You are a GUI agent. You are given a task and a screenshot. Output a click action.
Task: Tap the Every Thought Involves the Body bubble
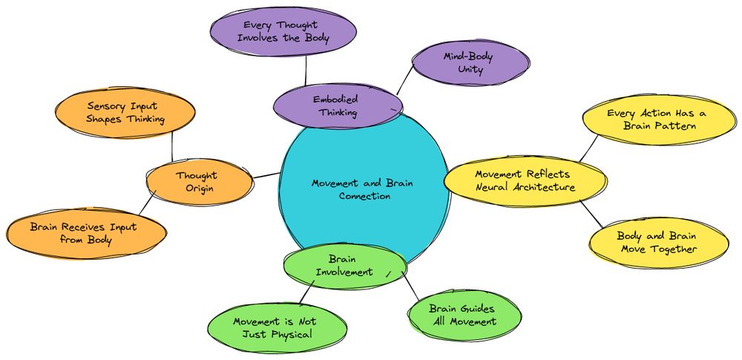coord(286,31)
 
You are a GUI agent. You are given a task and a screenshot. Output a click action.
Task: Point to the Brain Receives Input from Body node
coord(83,233)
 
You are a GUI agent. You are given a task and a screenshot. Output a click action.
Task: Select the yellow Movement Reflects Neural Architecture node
coord(525,180)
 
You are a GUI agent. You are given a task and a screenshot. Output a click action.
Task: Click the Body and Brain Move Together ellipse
coord(657,243)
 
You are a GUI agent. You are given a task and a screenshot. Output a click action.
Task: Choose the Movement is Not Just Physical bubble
coord(275,327)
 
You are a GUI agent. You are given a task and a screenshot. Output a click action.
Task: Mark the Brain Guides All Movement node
coord(463,315)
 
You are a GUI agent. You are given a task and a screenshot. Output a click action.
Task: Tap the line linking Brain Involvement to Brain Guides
coord(410,285)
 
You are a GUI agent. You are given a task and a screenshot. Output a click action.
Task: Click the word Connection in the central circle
coord(364,196)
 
